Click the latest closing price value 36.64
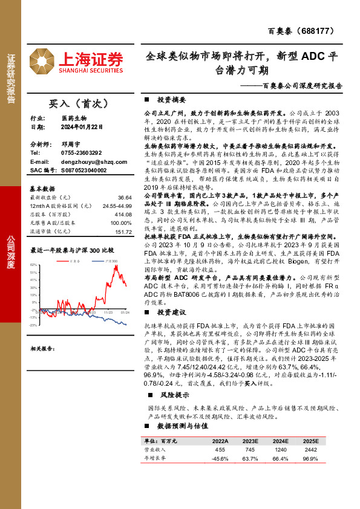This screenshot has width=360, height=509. [125, 198]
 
